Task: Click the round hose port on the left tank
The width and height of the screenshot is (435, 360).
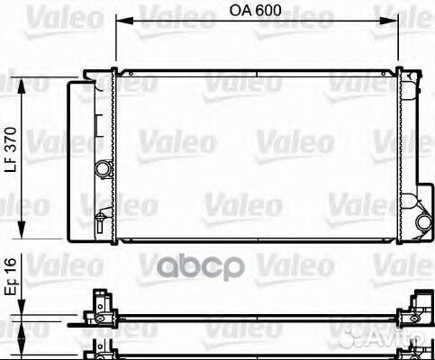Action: pos(104,170)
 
